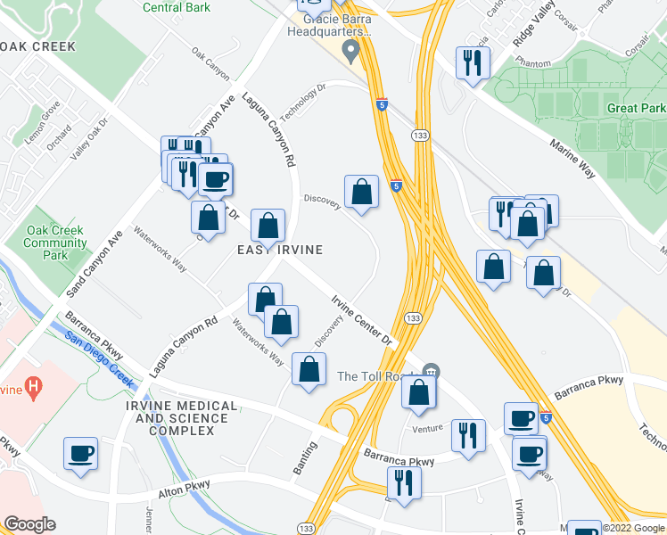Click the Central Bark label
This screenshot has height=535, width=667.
point(176,8)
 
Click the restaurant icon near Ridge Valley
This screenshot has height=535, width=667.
point(472,62)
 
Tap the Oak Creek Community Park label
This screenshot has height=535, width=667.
point(55,243)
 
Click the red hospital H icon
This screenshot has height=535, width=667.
point(33,387)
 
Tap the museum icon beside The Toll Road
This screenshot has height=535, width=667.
point(432,370)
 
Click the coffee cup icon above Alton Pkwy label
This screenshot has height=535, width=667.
point(80,453)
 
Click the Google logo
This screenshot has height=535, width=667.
point(29,524)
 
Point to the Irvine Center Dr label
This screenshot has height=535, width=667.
point(362,321)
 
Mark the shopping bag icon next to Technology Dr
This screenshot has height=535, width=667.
point(361,192)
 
